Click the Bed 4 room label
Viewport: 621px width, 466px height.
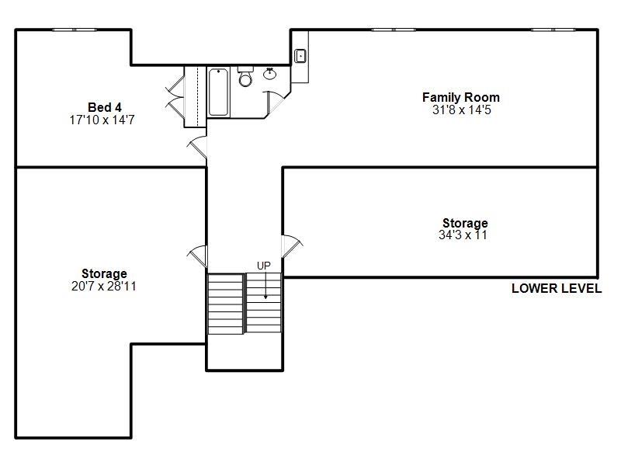coord(104,107)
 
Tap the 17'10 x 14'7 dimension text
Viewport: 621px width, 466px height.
coord(104,120)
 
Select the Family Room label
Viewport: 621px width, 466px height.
coord(460,97)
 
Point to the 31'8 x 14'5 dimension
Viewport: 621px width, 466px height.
coord(461,110)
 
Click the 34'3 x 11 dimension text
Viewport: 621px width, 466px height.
coord(463,235)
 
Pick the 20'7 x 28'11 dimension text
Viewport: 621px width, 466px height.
coord(104,286)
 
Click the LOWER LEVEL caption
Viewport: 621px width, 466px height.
coord(556,288)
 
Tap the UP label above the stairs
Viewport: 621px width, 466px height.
coord(264,266)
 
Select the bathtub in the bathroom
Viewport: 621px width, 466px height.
coord(218,92)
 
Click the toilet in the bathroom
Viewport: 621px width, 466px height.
coord(245,78)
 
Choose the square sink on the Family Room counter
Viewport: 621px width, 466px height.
coord(300,56)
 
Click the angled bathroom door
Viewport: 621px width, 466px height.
coord(276,101)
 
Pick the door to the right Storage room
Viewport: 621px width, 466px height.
coord(291,248)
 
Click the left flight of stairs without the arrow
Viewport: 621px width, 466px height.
coord(225,302)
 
